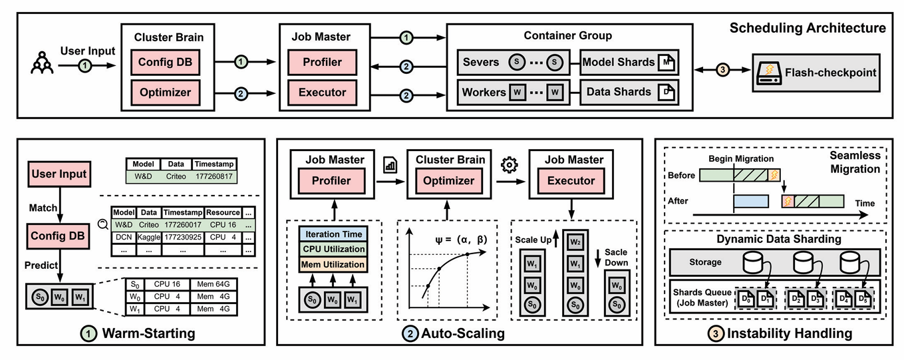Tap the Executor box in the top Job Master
(323, 92)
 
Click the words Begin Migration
(740, 158)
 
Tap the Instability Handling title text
(780, 333)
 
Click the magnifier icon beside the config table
(103, 224)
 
